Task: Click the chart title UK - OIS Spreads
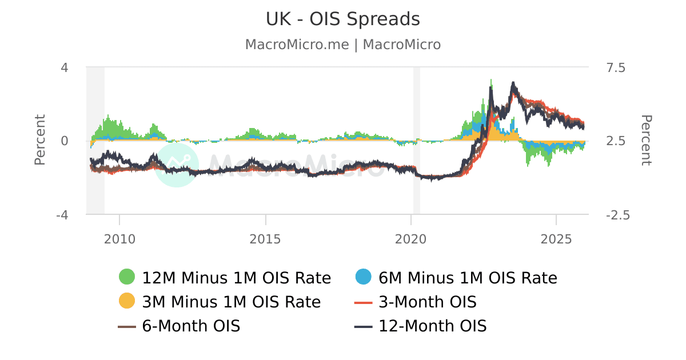coord(342,19)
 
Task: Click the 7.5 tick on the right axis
coord(616,67)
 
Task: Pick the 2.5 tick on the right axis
coord(616,141)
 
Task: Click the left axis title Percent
coord(40,140)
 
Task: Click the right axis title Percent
coord(645,140)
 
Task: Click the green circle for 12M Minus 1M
coord(127,277)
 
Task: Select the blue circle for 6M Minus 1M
coord(363,277)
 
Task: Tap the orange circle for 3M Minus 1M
coord(127,301)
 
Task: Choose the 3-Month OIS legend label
coord(428,302)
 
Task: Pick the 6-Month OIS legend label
coord(191,326)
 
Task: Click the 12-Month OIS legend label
coord(432,326)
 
